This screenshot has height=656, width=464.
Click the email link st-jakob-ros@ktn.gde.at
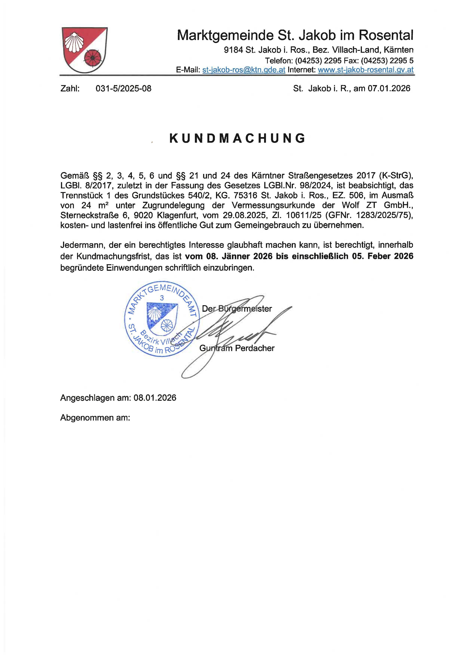[244, 70]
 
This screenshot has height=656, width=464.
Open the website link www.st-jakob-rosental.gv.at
[365, 70]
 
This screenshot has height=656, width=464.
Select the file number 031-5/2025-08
[123, 89]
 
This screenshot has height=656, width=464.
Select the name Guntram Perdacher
[237, 348]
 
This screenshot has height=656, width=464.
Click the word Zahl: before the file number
[70, 89]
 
